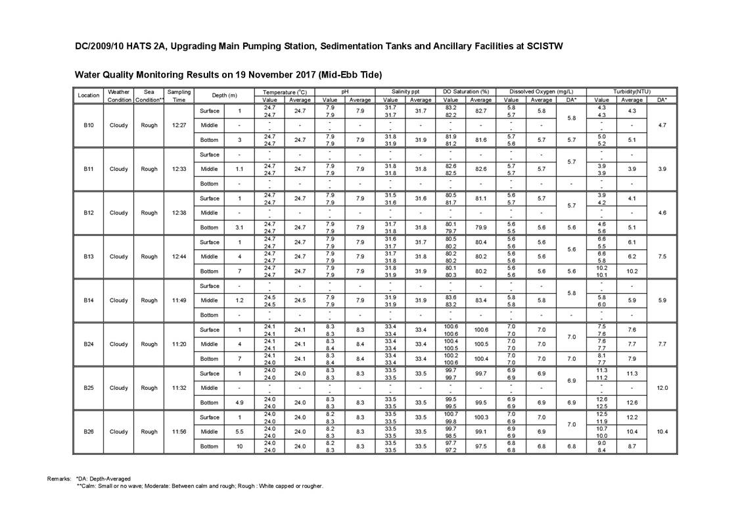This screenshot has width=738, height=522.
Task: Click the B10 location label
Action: click(88, 125)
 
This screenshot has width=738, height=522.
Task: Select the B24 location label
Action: click(88, 344)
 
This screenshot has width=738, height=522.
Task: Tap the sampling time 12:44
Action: click(179, 256)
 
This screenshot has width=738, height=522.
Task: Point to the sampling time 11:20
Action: click(179, 344)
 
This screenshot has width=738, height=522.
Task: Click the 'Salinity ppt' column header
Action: click(405, 92)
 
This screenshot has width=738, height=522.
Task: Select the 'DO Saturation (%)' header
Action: click(466, 92)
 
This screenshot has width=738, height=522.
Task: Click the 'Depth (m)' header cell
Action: click(225, 96)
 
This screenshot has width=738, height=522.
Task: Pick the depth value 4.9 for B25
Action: click(239, 402)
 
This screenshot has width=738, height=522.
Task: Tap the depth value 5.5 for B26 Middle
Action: click(239, 432)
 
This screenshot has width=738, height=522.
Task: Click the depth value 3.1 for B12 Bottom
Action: click(239, 227)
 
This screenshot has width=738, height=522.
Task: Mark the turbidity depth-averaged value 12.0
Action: click(661, 388)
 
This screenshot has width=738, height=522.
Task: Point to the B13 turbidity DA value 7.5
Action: click(661, 256)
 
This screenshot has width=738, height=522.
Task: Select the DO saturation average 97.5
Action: click(481, 446)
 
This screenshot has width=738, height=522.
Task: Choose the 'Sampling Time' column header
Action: click(179, 96)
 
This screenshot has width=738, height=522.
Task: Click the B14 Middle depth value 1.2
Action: click(239, 300)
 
